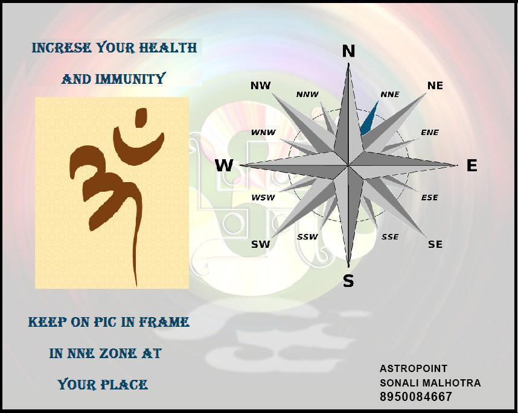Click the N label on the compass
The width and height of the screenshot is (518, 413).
tap(348, 51)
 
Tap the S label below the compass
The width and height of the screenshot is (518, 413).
tap(348, 281)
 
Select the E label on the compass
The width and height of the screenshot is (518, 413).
tap(472, 165)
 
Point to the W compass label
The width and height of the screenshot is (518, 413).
tap(224, 165)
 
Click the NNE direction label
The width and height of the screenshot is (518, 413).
tap(390, 95)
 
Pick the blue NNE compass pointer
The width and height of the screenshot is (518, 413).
tap(369, 119)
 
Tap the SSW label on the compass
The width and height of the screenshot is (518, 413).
tap(307, 237)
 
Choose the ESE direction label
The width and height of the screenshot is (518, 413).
tap(429, 198)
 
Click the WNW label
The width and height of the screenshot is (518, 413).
tap(263, 133)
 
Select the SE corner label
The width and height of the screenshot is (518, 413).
tap(435, 244)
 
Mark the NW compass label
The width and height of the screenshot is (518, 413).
tap(261, 86)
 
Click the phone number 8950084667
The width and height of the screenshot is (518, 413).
tap(415, 397)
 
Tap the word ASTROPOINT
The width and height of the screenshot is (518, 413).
tap(414, 368)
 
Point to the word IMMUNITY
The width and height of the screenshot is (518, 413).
tap(130, 79)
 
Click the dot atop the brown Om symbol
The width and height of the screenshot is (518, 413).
tap(141, 118)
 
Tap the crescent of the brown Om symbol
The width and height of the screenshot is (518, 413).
tap(138, 147)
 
